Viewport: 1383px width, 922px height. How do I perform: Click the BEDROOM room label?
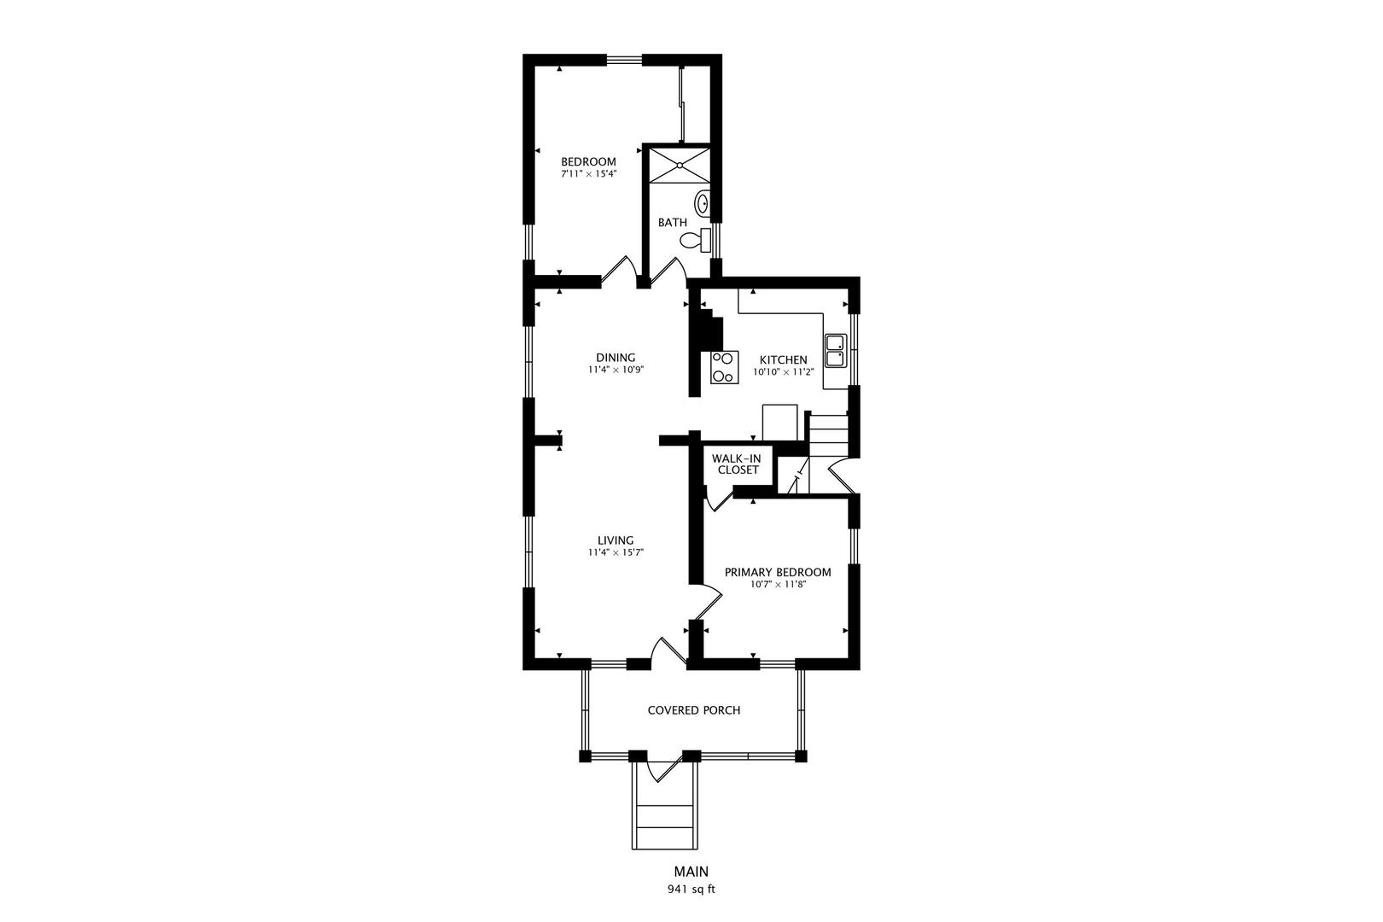point(588,162)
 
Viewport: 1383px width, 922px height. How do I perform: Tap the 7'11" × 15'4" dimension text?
point(589,174)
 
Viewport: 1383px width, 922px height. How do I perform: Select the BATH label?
point(673,222)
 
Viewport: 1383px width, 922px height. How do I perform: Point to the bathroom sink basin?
point(703,202)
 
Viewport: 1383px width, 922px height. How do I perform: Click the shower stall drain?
point(680,165)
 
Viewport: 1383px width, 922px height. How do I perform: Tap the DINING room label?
point(616,358)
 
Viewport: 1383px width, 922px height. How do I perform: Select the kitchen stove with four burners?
point(724,367)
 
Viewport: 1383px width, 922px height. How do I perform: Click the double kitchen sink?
point(836,351)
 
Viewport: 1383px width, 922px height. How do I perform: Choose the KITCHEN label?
point(784,360)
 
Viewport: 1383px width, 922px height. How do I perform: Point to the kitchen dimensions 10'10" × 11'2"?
point(784,372)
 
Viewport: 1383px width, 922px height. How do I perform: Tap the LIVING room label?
point(616,540)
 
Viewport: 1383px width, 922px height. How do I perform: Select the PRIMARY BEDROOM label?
point(778,573)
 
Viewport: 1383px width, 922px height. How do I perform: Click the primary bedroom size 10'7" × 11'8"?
point(778,585)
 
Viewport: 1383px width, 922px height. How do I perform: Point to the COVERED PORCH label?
point(694,710)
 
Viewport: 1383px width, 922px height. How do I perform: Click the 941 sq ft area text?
point(691,890)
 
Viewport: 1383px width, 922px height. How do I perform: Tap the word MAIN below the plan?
point(691,872)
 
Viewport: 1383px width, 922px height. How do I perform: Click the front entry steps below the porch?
point(665,816)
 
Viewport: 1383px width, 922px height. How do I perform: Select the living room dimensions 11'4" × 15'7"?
point(616,552)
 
